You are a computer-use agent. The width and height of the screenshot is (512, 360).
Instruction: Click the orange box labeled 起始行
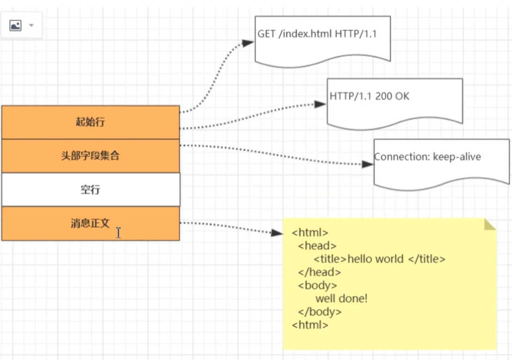[90, 122]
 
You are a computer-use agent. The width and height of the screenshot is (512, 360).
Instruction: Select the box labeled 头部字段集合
[90, 156]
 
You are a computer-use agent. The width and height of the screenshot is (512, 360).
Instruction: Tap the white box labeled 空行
[90, 190]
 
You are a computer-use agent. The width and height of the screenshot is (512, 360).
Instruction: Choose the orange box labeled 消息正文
[90, 223]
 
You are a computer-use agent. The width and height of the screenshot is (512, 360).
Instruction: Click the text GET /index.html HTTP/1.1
[317, 34]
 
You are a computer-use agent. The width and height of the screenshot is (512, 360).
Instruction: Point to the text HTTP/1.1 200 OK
[369, 96]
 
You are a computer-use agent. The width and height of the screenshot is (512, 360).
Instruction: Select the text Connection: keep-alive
[428, 157]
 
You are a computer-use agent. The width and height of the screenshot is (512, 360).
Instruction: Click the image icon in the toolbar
[15, 26]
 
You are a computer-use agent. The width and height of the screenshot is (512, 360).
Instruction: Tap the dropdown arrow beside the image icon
[31, 26]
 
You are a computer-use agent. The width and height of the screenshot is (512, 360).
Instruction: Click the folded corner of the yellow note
[490, 224]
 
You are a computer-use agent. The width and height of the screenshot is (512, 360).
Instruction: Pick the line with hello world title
[380, 259]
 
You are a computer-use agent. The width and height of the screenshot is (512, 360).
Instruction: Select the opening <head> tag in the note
[317, 246]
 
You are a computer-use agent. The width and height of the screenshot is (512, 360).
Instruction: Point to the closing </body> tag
[320, 312]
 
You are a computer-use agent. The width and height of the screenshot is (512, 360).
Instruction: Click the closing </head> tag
[320, 272]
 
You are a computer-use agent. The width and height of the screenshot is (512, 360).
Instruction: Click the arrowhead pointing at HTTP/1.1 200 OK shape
[321, 103]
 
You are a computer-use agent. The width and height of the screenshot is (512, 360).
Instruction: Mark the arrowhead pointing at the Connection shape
[368, 164]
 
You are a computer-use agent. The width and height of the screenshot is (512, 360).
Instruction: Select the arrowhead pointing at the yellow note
[278, 233]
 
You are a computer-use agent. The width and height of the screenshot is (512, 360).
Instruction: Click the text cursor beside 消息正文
[118, 233]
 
